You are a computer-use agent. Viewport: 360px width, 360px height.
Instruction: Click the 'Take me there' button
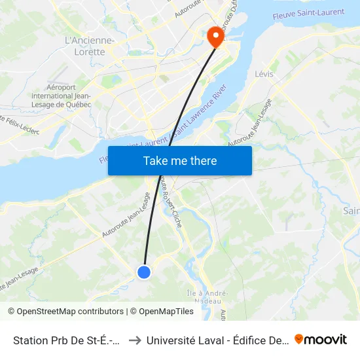click(x=179, y=160)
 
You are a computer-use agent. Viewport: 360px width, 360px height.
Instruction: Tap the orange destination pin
click(x=215, y=37)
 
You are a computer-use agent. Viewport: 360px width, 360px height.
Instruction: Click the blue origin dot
click(x=144, y=272)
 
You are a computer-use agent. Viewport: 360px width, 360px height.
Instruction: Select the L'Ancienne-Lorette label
click(x=90, y=46)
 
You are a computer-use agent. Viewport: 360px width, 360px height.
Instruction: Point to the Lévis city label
click(x=264, y=75)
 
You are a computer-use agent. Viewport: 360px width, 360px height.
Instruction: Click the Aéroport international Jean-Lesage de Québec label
click(x=69, y=96)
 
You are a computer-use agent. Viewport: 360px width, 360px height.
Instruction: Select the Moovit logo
click(x=320, y=339)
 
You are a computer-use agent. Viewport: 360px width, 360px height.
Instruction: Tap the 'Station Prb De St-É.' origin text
click(x=66, y=340)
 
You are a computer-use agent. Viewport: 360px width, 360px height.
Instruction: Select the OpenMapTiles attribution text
click(x=162, y=312)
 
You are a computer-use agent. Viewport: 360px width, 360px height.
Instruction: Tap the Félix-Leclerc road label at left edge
click(x=20, y=124)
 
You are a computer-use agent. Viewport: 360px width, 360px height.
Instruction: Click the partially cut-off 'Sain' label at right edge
click(x=351, y=210)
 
